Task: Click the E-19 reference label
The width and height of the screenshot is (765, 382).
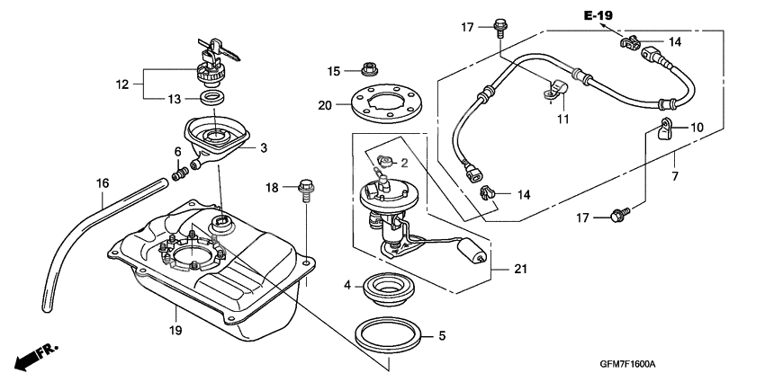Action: pos(597,15)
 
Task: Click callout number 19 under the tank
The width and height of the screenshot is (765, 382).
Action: pos(175,331)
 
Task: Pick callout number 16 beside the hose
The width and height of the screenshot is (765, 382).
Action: pos(103,183)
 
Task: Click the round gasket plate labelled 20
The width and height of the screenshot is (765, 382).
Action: pos(385,103)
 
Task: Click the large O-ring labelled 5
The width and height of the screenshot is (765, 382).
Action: pos(389,334)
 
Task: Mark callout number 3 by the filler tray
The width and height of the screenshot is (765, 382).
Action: pos(264,147)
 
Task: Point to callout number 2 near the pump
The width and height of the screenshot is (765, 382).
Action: pos(404,164)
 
